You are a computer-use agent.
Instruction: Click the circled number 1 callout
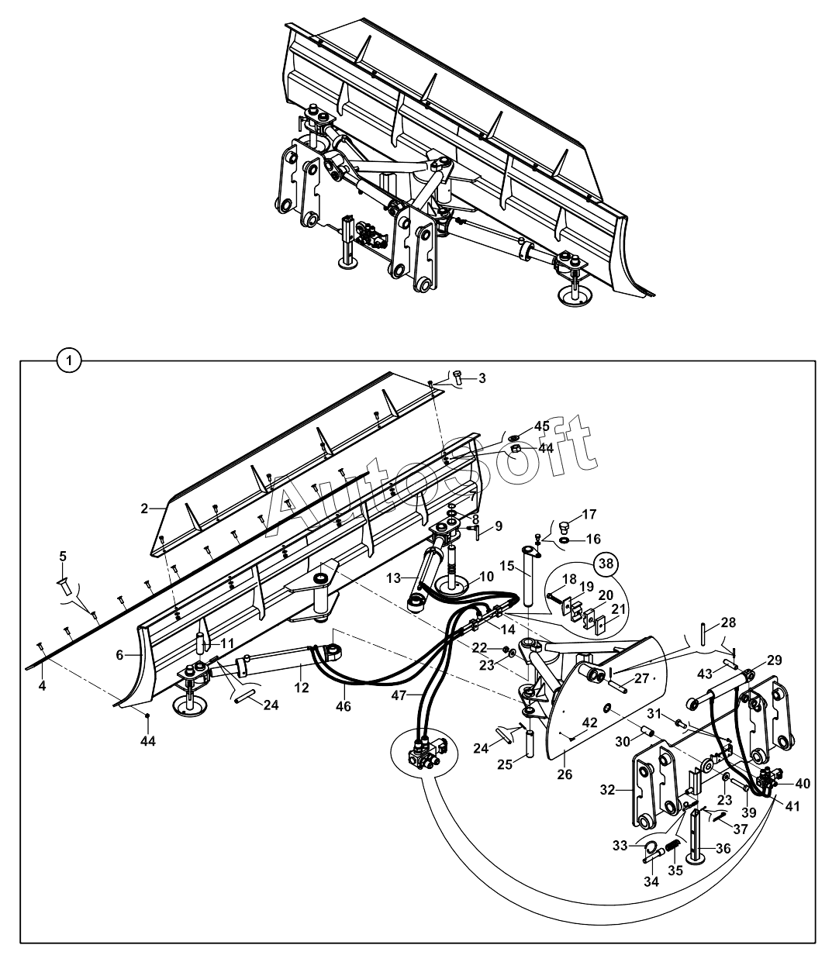pos(69,361)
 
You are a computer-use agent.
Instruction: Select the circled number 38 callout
pos(606,563)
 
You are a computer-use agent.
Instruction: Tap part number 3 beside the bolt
pos(482,378)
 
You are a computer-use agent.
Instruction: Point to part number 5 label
pos(63,557)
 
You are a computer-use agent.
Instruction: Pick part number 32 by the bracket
pos(608,790)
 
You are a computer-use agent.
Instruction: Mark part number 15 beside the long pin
pos(507,566)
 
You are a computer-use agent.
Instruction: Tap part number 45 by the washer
pos(542,426)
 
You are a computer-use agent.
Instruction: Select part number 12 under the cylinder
pos(302,688)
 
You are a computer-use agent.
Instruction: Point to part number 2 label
pos(144,509)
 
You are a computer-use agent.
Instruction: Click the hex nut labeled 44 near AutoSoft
pos(516,449)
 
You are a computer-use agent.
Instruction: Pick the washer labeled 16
pos(566,539)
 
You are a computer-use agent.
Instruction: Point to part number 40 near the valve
pos(803,784)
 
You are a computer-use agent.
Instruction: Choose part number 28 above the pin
pos(728,622)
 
